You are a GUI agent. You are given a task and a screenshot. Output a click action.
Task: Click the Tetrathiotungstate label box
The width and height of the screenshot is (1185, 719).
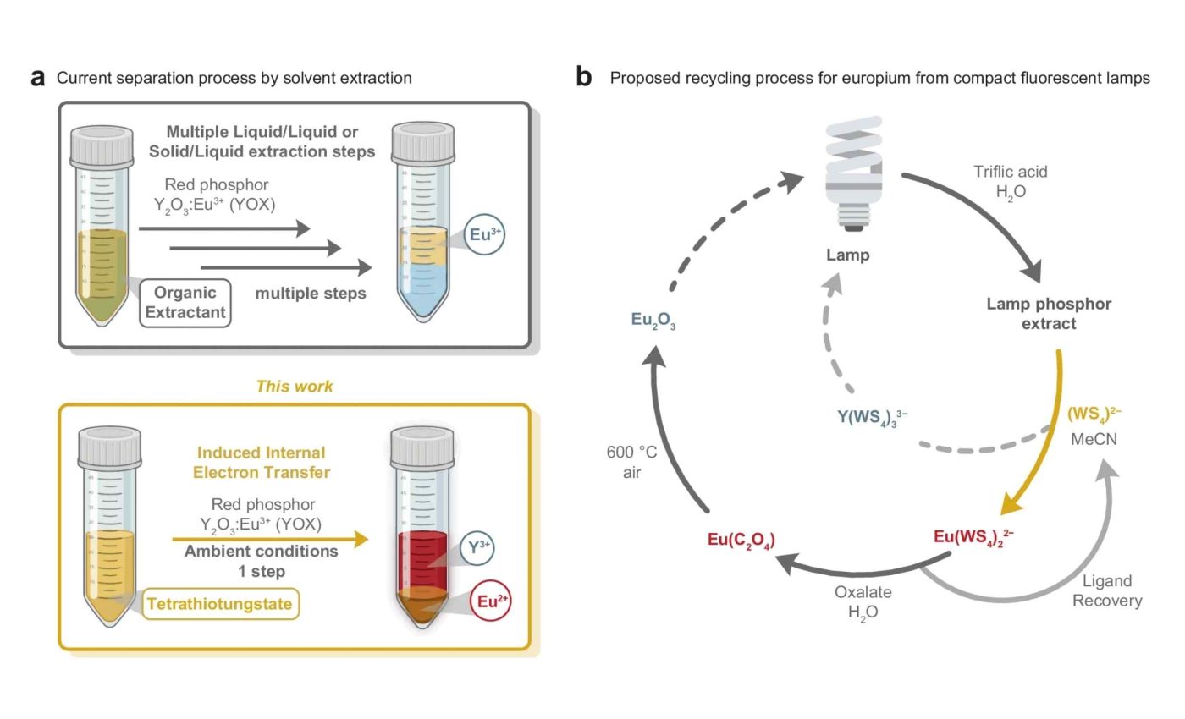click(221, 604)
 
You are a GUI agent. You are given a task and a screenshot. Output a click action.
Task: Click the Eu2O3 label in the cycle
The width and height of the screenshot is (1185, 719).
click(653, 320)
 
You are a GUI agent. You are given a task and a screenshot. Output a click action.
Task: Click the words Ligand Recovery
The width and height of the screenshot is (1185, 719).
click(1112, 591)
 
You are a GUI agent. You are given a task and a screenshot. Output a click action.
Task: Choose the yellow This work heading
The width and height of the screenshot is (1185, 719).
click(295, 387)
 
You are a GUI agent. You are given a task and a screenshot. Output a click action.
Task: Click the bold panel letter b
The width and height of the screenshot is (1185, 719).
click(584, 78)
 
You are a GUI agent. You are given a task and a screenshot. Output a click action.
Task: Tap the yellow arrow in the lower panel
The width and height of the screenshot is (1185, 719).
click(271, 538)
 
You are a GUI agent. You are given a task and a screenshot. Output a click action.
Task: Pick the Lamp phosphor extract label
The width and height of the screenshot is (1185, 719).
click(1049, 313)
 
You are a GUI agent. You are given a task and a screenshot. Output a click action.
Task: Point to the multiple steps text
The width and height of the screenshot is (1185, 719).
click(311, 294)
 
